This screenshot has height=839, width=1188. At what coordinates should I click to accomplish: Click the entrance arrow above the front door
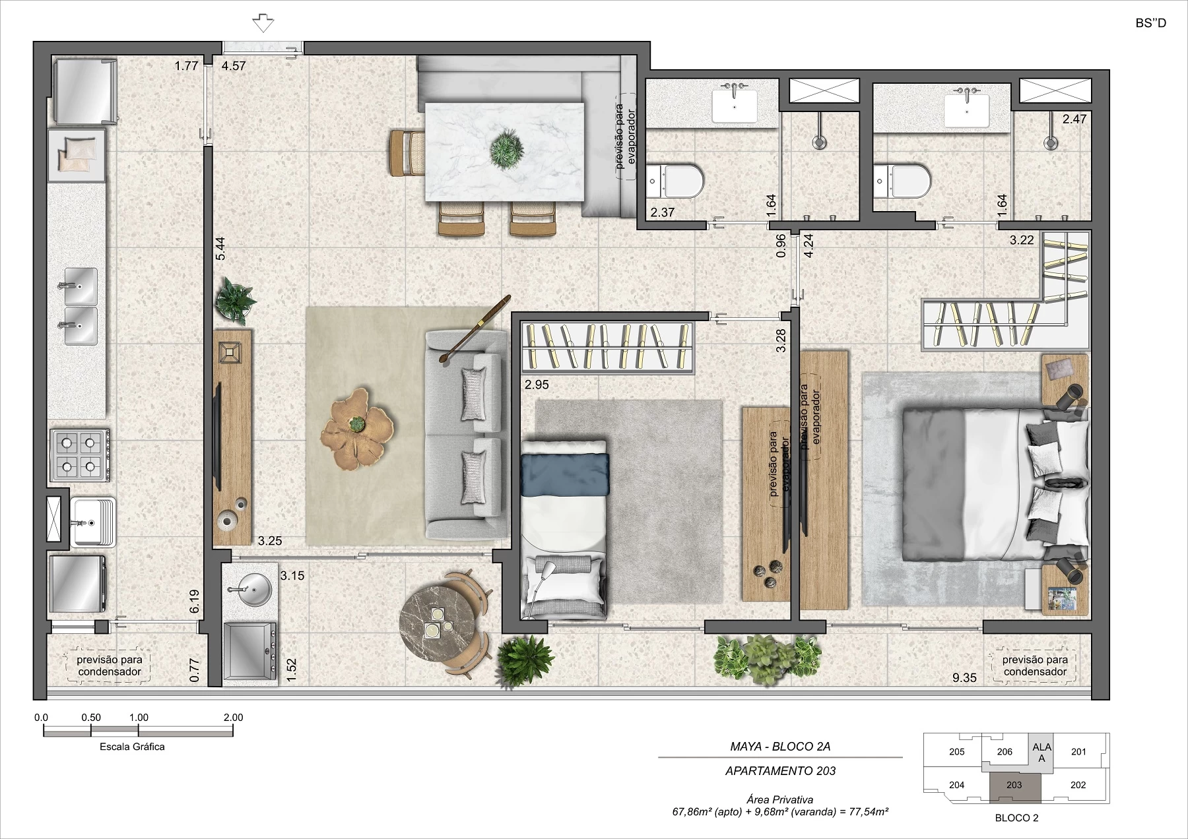tap(263, 23)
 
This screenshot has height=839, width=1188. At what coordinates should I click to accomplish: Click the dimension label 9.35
tap(964, 677)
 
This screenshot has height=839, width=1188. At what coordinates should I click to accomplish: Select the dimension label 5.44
tap(220, 249)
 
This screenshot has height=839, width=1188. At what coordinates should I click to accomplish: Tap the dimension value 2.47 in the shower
tap(1074, 119)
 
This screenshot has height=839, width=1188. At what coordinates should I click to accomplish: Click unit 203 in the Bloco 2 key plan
tap(1014, 785)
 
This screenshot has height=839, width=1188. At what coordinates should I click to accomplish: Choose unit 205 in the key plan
tap(956, 751)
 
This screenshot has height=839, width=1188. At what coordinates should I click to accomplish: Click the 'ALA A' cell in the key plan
tap(1041, 752)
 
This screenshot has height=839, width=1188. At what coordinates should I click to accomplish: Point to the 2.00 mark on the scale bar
tap(233, 718)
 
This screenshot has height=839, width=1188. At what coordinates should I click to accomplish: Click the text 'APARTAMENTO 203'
tap(780, 770)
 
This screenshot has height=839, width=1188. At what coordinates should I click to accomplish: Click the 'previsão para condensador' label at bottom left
tap(110, 666)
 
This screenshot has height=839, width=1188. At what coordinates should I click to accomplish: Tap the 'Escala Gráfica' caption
tap(132, 747)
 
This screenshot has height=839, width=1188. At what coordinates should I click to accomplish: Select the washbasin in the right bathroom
tap(967, 109)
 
